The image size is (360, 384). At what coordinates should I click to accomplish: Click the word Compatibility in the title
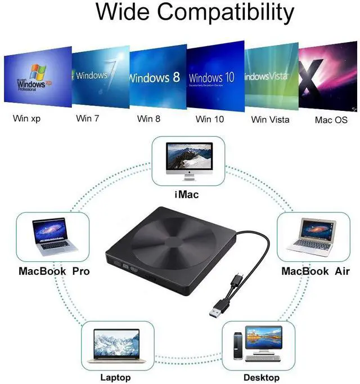click(x=225, y=13)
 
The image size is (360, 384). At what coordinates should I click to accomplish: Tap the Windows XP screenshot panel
click(x=38, y=77)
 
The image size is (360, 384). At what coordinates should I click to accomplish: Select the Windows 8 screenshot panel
click(x=158, y=77)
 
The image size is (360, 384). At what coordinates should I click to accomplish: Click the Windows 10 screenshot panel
click(x=215, y=76)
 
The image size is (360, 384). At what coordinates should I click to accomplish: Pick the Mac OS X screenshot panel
click(x=328, y=76)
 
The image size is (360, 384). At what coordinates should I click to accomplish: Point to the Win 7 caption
click(x=87, y=118)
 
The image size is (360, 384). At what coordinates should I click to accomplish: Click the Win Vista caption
click(x=270, y=119)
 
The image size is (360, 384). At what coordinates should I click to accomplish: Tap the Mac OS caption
click(x=331, y=120)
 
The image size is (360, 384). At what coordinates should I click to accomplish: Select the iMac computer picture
click(x=189, y=162)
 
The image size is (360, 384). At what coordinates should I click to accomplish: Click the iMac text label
click(x=187, y=195)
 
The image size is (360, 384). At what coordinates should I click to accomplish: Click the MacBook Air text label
click(x=316, y=271)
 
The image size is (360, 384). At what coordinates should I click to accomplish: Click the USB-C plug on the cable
click(x=236, y=280)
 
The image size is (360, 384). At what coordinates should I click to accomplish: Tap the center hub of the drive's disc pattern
click(x=174, y=242)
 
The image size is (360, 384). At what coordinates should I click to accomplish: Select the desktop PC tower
click(x=238, y=346)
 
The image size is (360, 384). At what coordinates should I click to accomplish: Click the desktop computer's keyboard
click(x=263, y=359)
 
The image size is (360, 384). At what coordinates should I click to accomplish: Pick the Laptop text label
click(x=115, y=377)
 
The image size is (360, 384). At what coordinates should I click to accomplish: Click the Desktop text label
click(x=262, y=377)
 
